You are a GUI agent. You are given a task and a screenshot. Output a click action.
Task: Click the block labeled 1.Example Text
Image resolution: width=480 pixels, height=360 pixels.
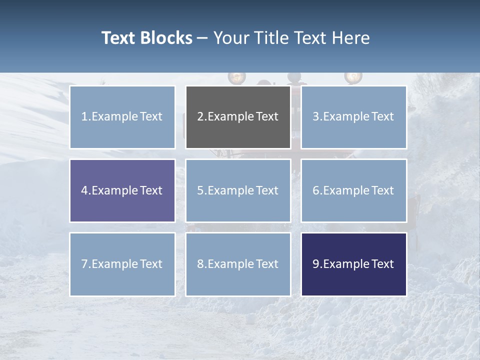click(122, 117)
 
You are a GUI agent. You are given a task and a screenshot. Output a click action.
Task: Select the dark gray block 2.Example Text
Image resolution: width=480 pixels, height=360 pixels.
click(238, 117)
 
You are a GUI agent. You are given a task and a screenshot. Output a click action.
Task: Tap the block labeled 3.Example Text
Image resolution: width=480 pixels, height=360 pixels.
click(353, 117)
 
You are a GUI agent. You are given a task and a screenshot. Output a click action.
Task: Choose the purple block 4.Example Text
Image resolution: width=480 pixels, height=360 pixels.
click(122, 190)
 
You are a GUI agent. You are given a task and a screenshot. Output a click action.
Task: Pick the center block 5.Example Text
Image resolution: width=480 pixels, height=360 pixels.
click(238, 190)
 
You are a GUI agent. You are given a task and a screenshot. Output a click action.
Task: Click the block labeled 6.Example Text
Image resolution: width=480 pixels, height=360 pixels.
click(353, 190)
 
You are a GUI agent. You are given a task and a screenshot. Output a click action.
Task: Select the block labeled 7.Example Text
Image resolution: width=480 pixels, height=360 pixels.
click(122, 264)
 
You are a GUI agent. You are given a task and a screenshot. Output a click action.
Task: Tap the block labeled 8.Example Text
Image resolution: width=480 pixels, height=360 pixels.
click(238, 264)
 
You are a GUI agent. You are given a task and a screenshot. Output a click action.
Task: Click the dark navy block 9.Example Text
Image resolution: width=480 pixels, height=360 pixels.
click(353, 264)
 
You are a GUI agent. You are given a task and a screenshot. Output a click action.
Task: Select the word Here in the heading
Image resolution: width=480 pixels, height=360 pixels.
click(351, 38)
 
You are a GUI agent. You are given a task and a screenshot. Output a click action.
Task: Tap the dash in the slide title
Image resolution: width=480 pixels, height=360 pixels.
click(202, 38)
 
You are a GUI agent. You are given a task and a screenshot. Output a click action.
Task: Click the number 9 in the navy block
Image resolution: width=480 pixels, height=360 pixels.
click(316, 264)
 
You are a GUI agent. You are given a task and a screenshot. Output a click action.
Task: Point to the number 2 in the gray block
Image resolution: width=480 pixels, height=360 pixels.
click(200, 117)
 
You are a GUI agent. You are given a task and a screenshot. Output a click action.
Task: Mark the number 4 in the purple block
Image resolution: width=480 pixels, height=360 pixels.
click(84, 190)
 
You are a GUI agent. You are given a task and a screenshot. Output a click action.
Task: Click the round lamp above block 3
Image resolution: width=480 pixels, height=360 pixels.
click(353, 76)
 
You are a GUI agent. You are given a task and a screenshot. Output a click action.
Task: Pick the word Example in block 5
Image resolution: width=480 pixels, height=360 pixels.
click(230, 190)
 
